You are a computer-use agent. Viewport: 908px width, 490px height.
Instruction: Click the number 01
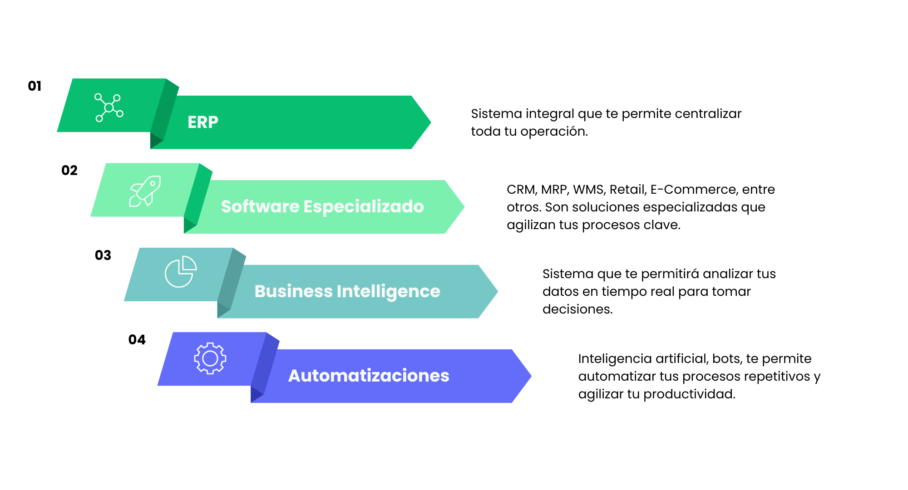[35, 86]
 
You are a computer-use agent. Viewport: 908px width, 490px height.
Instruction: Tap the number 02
[69, 171]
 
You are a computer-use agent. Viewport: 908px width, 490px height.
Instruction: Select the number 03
[103, 255]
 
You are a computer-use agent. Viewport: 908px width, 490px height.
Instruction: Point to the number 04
[137, 340]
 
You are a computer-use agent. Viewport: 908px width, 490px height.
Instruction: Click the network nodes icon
[109, 108]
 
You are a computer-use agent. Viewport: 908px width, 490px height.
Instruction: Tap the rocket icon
[145, 191]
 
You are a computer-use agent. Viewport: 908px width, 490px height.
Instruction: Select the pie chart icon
[180, 271]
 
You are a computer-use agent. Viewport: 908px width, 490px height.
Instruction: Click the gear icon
[210, 358]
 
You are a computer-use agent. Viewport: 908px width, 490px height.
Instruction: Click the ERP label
[203, 122]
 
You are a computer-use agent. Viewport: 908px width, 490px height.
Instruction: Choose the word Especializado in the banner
[363, 207]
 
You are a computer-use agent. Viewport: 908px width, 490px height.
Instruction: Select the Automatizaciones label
[369, 376]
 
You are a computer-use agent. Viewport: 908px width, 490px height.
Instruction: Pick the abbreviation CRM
[521, 189]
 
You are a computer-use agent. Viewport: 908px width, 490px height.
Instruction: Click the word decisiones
[577, 309]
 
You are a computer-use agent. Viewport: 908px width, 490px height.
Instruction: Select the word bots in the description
[727, 358]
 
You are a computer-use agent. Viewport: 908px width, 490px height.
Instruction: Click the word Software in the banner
[260, 207]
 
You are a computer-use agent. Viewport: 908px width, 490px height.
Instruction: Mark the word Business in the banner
[293, 291]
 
